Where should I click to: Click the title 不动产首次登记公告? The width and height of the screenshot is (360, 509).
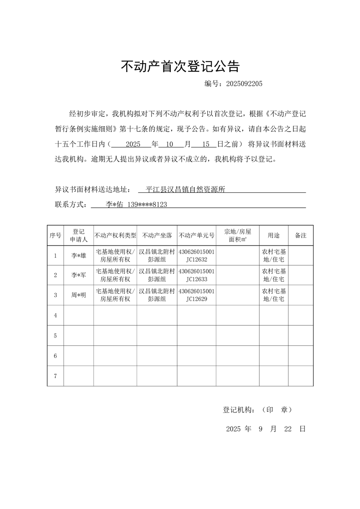point(180,67)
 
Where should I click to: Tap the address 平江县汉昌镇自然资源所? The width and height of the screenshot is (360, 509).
point(186,190)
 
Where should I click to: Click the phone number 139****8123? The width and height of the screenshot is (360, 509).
point(147,205)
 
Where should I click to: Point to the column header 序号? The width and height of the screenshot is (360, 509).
point(55,235)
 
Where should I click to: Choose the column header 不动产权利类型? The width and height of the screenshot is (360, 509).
point(115,235)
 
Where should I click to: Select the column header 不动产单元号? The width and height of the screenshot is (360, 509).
point(197,235)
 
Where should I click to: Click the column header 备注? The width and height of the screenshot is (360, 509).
point(301,235)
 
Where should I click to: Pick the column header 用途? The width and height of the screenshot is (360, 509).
point(274,235)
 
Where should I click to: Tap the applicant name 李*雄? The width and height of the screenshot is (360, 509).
point(79,256)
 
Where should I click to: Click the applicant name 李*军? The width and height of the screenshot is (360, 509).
point(79,275)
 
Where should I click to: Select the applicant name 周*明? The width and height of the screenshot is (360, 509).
point(79,295)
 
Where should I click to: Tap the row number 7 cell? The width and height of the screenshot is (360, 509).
point(55,376)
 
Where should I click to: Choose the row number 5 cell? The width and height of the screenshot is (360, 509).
point(55,336)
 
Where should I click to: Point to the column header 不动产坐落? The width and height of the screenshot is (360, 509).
point(157,235)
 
